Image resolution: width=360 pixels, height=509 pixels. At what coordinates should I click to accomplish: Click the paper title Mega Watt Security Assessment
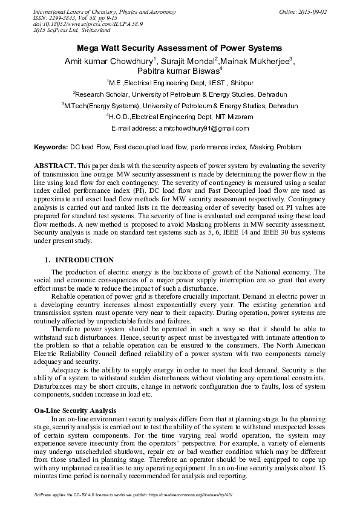pyautogui.click(x=180, y=47)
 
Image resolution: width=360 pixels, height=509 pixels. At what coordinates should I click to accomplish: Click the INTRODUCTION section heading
pyautogui.click(x=84, y=260)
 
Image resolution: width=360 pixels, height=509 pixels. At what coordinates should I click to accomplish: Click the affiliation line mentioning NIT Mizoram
pyautogui.click(x=180, y=117)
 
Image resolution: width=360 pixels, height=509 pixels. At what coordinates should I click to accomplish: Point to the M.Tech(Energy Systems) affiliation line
pyautogui.click(x=180, y=106)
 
